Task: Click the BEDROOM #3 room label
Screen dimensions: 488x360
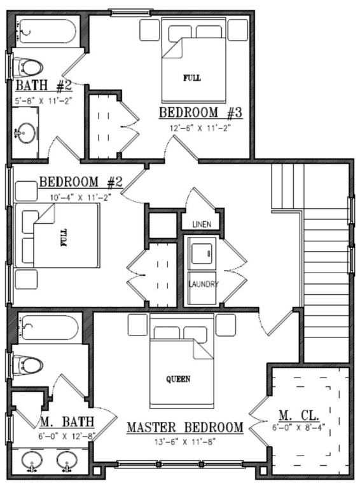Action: coord(200,113)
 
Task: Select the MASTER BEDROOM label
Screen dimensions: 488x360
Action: coord(185,428)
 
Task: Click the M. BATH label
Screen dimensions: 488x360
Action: coord(67,422)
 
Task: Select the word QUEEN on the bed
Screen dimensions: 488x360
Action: coord(178,379)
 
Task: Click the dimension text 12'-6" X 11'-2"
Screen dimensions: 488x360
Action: coord(200,127)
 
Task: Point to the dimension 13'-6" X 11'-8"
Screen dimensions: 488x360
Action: coord(184,440)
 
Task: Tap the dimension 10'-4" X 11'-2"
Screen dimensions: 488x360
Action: coord(80,197)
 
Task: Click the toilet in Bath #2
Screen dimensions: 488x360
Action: coord(28,65)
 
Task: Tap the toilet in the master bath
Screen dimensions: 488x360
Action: coord(29,365)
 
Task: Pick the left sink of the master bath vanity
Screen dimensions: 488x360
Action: coord(31,459)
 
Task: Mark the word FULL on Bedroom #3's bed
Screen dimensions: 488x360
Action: coord(191,78)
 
